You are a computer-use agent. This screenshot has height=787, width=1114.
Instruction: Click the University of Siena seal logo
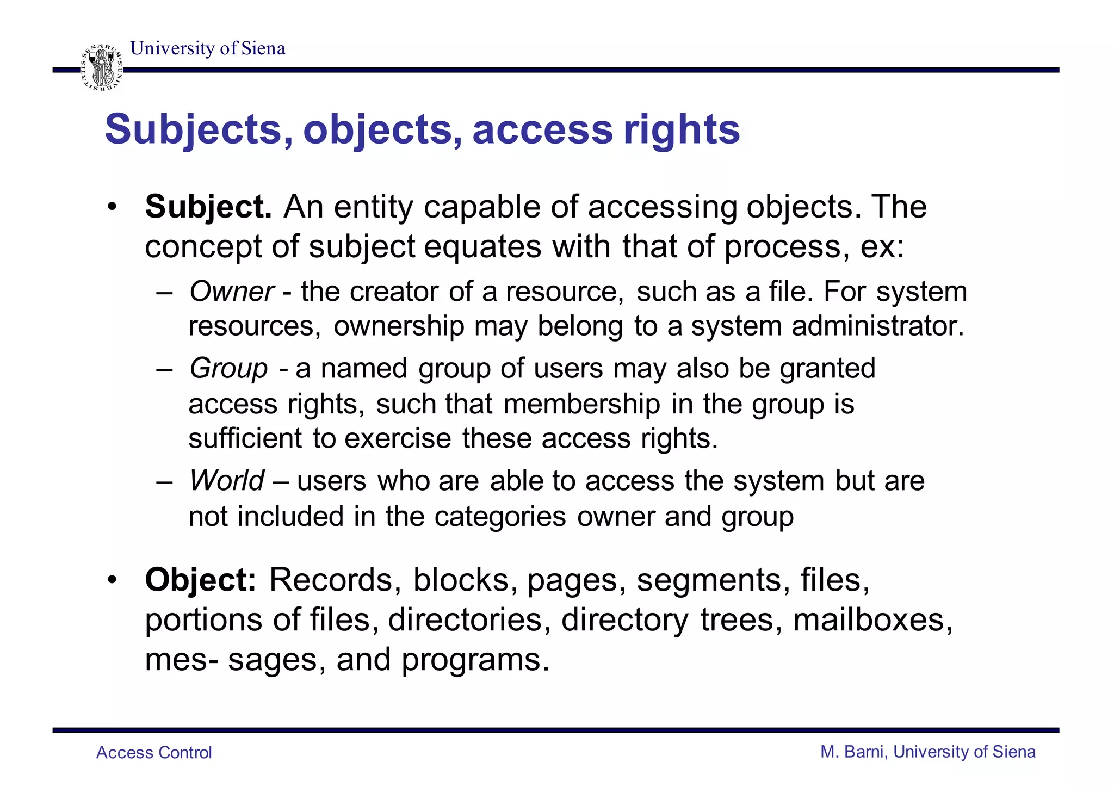coord(101,68)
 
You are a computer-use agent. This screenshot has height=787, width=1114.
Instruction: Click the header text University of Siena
coord(208,48)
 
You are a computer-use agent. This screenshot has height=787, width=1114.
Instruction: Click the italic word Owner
coord(231,292)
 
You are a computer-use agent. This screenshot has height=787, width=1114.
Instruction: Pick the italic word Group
coord(228,368)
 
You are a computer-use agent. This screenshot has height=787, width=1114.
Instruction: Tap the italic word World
coord(226,481)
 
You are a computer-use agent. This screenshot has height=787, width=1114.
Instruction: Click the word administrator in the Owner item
coord(877,326)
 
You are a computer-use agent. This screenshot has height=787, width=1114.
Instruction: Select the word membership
coord(581,404)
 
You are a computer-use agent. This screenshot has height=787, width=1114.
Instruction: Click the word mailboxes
coord(872,620)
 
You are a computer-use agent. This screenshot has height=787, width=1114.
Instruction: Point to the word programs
coord(475,660)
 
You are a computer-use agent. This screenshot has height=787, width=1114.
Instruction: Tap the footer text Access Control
coord(154,753)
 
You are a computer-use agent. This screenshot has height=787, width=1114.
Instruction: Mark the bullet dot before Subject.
coord(112,207)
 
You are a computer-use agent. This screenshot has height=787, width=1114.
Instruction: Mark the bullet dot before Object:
coord(112,580)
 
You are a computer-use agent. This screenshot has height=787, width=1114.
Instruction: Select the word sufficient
coord(245,438)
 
